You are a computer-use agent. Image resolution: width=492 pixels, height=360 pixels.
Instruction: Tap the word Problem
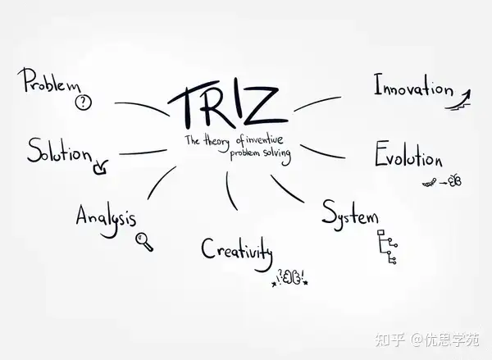[51, 81]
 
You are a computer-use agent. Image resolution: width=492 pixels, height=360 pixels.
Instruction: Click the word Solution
[59, 151]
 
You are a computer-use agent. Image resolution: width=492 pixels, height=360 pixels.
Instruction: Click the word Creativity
[236, 247]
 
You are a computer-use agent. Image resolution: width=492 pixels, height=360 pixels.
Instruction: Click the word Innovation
[412, 87]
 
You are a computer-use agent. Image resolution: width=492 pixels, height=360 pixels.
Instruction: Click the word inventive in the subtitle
[268, 140]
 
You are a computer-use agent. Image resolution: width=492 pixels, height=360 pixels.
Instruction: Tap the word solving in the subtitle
[272, 153]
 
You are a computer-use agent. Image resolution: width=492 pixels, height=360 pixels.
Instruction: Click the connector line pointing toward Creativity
[229, 189]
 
